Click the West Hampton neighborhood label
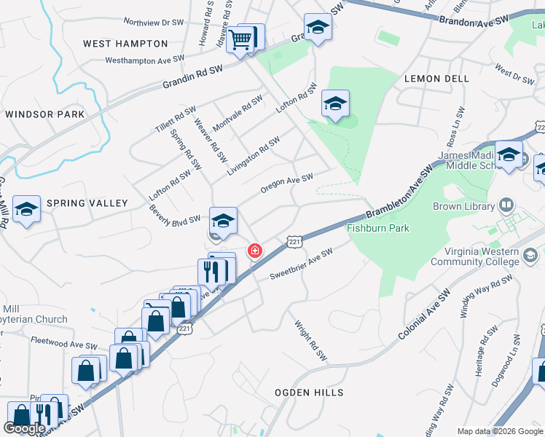pos(118,44)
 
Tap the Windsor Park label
pos(44,114)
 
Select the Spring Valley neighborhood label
pos(87,203)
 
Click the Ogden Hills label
pos(308,393)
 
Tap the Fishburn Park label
pos(377,228)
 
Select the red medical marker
pos(255,251)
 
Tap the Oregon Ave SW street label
pos(286,184)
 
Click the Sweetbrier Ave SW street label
pos(301,264)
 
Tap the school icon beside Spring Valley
pos(26,211)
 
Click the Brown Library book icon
pos(508,206)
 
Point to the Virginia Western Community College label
pos(475,256)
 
